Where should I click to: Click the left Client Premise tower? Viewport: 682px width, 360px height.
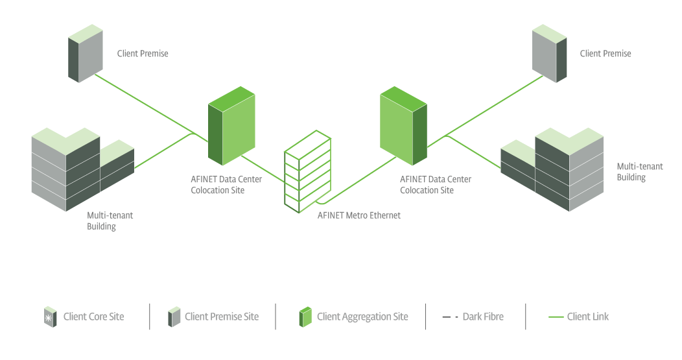pyautogui.click(x=85, y=58)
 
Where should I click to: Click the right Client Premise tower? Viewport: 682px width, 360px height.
pyautogui.click(x=548, y=54)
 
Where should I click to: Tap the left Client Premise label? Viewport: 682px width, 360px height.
pyautogui.click(x=142, y=54)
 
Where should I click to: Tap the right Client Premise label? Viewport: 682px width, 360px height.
pyautogui.click(x=605, y=54)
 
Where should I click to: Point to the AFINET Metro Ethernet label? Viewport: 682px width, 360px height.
pyautogui.click(x=359, y=215)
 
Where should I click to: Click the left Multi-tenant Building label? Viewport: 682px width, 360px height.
pyautogui.click(x=110, y=221)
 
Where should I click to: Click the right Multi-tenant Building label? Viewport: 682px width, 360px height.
pyautogui.click(x=639, y=172)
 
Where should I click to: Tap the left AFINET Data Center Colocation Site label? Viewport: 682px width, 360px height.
pyautogui.click(x=217, y=185)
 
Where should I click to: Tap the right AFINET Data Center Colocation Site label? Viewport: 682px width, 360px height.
pyautogui.click(x=435, y=185)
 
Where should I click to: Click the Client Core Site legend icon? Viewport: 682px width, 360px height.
pyautogui.click(x=48, y=317)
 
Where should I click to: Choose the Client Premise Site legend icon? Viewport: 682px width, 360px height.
pyautogui.click(x=174, y=317)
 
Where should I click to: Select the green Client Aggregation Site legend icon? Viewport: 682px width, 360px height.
pyautogui.click(x=305, y=317)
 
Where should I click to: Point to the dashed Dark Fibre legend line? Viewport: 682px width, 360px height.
pyautogui.click(x=450, y=317)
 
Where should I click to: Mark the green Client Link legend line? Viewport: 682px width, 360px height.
pyautogui.click(x=556, y=317)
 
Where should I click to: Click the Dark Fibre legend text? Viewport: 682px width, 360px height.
pyautogui.click(x=482, y=317)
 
